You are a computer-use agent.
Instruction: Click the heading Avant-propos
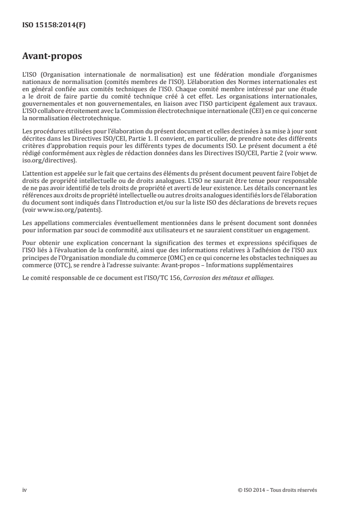tap(51, 57)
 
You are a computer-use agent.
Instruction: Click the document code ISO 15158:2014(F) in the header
tap(54, 25)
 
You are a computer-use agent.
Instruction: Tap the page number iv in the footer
tap(25, 490)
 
